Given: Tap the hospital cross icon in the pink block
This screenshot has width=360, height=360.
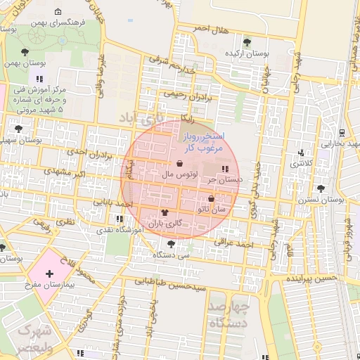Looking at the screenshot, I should click(x=49, y=274).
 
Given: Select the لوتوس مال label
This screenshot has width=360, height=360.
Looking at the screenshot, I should click(x=179, y=173).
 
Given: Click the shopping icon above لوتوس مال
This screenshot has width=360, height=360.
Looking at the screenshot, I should click(x=181, y=163).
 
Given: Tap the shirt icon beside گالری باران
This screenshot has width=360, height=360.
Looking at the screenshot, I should click(x=165, y=212).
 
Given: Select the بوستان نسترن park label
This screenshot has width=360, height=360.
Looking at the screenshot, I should click(x=323, y=200).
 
